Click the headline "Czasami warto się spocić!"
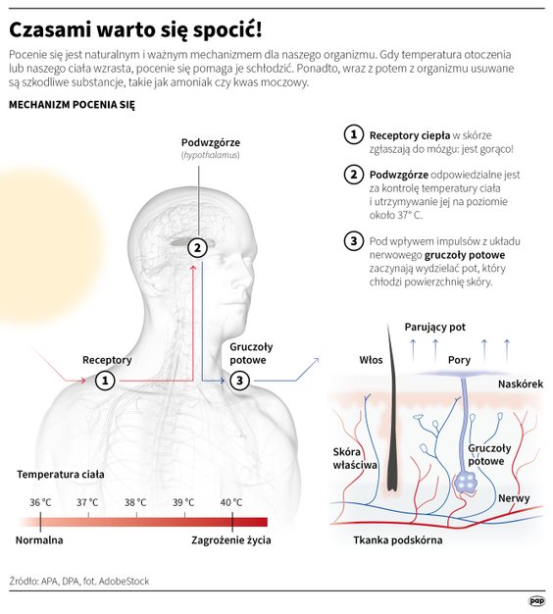tap(135, 30)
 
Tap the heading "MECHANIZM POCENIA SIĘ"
tap(72, 105)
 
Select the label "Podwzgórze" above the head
tap(211, 142)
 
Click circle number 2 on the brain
tap(197, 247)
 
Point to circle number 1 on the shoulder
tap(105, 381)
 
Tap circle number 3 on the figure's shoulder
tap(239, 381)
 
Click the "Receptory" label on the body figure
tap(107, 360)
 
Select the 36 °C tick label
tap(40, 502)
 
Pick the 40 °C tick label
tap(231, 502)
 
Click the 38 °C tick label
tap(135, 502)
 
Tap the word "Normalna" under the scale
tap(39, 540)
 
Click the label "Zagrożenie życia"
tap(231, 540)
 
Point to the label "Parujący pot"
tap(434, 328)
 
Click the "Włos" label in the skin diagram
tap(371, 360)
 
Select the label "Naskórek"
tap(521, 384)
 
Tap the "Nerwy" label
tap(514, 498)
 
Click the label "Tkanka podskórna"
tap(398, 540)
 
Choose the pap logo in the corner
tap(536, 600)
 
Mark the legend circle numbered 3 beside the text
tap(354, 241)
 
